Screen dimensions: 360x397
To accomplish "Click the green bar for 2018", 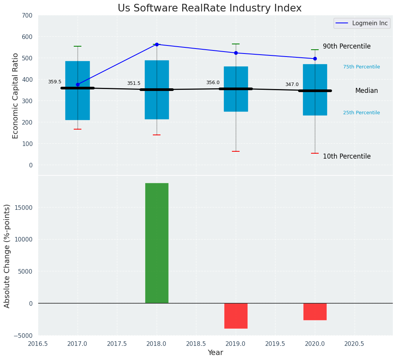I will click(157, 243).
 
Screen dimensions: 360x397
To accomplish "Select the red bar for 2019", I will click(236, 316).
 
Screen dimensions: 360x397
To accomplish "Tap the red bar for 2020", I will click(315, 311).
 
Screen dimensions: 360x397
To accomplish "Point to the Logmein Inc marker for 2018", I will click(157, 44).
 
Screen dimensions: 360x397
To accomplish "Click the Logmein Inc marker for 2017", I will click(78, 84).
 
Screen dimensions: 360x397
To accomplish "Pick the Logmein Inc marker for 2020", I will click(315, 58).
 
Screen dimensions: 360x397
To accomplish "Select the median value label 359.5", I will click(55, 82).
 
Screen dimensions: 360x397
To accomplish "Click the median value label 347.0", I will click(292, 84).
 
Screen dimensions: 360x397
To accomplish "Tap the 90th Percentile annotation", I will click(347, 46).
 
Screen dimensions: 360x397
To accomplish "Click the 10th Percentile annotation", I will click(347, 156).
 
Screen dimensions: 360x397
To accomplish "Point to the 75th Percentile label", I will click(361, 67).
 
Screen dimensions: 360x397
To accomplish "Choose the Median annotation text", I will click(366, 91).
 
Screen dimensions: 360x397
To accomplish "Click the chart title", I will click(209, 8).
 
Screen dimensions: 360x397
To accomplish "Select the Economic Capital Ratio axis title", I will click(16, 96).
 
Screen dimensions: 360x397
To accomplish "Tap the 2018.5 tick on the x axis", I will click(196, 344).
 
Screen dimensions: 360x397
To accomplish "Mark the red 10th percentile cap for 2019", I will click(236, 151).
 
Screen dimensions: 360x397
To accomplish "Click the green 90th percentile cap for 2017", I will click(78, 46).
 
